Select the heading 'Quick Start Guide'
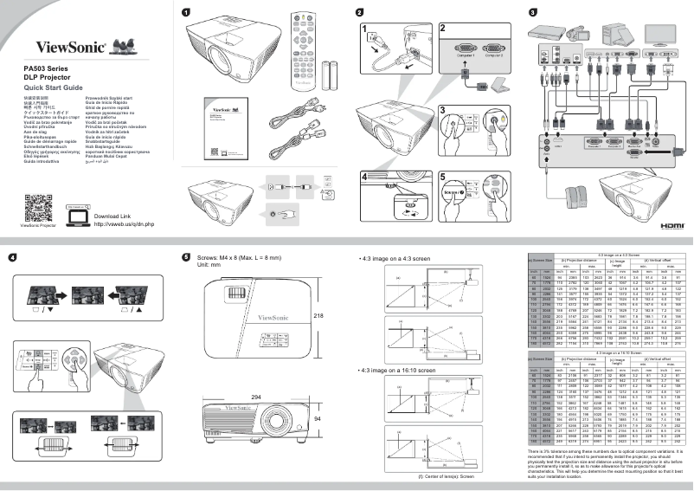click(x=53, y=88)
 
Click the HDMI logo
click(x=672, y=224)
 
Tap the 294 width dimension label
click(x=255, y=396)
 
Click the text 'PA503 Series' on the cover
click(x=44, y=68)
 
